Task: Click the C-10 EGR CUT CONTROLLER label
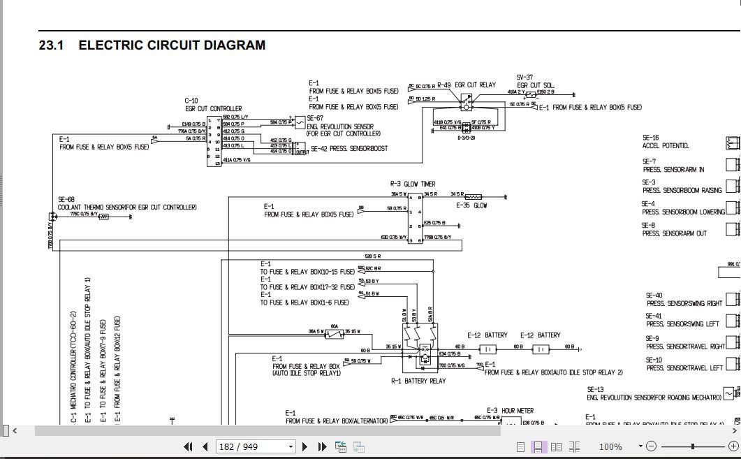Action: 213,105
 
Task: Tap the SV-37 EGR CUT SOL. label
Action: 535,81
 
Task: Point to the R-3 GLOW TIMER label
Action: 412,184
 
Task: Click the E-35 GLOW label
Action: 471,205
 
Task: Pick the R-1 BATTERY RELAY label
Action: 418,381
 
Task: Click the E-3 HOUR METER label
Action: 510,411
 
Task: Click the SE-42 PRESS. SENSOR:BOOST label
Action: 349,149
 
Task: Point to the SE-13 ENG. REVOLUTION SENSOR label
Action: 653,394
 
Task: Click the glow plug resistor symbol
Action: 473,196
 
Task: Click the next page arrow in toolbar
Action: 305,446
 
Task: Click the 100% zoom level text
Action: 610,446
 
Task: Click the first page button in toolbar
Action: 188,446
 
